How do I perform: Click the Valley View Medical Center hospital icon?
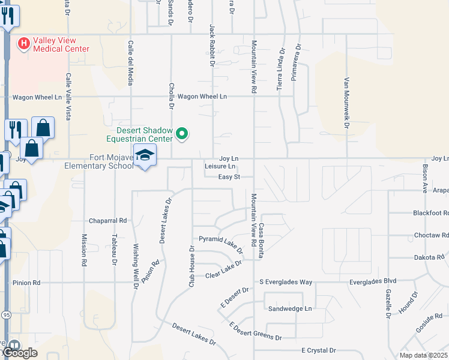tap(24, 43)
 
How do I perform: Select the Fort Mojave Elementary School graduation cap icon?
tap(144, 155)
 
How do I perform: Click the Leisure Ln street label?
tap(220, 167)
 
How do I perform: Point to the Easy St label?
tap(229, 177)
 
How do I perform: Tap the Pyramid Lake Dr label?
tap(221, 243)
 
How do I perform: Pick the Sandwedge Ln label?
tap(291, 308)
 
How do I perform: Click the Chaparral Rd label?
tap(108, 221)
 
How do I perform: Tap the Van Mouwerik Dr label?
tap(346, 103)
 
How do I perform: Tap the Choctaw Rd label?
tap(431, 235)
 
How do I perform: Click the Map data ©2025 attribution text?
tap(424, 355)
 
